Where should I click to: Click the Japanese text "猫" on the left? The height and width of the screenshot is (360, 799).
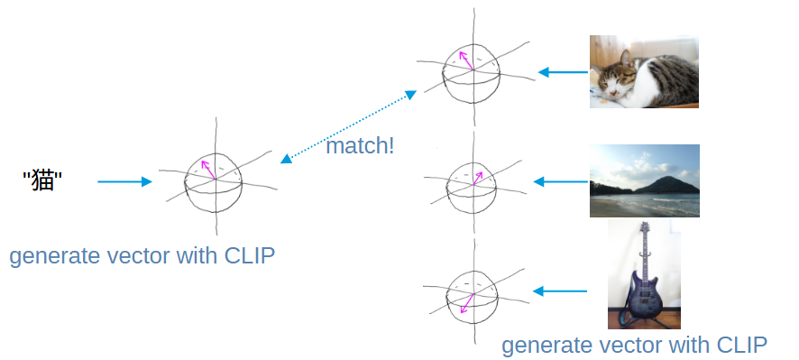(42, 181)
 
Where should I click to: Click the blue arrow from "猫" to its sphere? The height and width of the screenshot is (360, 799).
(124, 181)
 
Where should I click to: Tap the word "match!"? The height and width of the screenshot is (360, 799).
(360, 146)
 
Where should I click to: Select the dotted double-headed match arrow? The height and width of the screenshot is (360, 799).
(348, 127)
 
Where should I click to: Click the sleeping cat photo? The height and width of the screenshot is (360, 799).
(644, 71)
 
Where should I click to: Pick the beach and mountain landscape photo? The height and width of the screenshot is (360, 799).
(645, 181)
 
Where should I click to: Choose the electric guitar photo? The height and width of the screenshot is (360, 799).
(644, 275)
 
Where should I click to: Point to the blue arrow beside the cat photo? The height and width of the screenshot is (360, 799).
(563, 72)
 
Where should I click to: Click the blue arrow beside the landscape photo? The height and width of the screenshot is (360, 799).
(561, 181)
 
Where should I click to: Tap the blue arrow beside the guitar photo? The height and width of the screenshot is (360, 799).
(560, 291)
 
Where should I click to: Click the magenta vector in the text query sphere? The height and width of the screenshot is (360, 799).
(208, 170)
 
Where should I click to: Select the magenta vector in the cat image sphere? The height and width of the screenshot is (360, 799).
(465, 60)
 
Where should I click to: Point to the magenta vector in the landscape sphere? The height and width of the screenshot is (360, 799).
(478, 178)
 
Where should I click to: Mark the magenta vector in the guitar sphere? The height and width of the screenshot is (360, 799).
(467, 303)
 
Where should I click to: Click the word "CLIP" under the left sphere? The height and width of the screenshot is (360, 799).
(250, 255)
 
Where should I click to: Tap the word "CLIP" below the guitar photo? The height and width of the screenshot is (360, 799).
(742, 346)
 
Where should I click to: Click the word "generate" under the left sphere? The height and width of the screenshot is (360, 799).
(55, 256)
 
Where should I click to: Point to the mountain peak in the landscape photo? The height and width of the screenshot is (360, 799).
(667, 178)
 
